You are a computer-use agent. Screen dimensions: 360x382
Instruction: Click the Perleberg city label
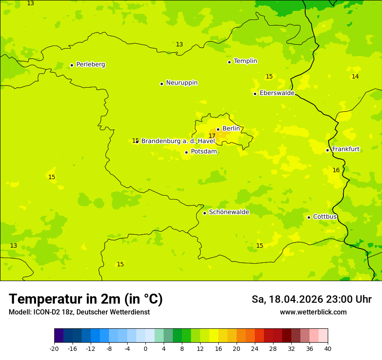[90, 65]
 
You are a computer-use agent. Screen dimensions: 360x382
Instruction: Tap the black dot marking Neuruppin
[161, 84]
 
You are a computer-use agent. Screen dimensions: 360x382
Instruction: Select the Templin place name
[245, 61]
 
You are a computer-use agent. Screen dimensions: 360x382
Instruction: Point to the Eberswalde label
[277, 93]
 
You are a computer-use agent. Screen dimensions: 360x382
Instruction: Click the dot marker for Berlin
[218, 129]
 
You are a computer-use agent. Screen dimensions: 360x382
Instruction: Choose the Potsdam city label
[204, 152]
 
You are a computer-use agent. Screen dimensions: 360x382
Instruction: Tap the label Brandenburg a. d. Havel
[178, 141]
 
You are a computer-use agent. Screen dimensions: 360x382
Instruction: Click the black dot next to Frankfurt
[327, 150]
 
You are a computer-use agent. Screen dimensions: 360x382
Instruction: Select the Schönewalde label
[229, 212]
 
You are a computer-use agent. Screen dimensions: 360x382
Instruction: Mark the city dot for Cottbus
[309, 217]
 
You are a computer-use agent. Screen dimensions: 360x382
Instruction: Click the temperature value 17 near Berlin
[212, 136]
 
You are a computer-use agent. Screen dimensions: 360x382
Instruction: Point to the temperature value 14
[355, 77]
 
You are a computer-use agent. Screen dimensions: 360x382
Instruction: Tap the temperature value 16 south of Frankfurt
[336, 170]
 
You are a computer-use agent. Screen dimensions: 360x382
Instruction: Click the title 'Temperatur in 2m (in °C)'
[86, 299]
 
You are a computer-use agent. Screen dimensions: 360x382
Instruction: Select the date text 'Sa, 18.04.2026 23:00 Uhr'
[311, 300]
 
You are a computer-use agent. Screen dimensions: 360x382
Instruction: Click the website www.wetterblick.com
[313, 312]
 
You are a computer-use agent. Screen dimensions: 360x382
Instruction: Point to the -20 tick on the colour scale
[54, 348]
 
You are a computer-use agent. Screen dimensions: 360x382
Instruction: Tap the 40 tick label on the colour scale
[328, 348]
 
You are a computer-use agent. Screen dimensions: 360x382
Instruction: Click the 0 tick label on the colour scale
[145, 348]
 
